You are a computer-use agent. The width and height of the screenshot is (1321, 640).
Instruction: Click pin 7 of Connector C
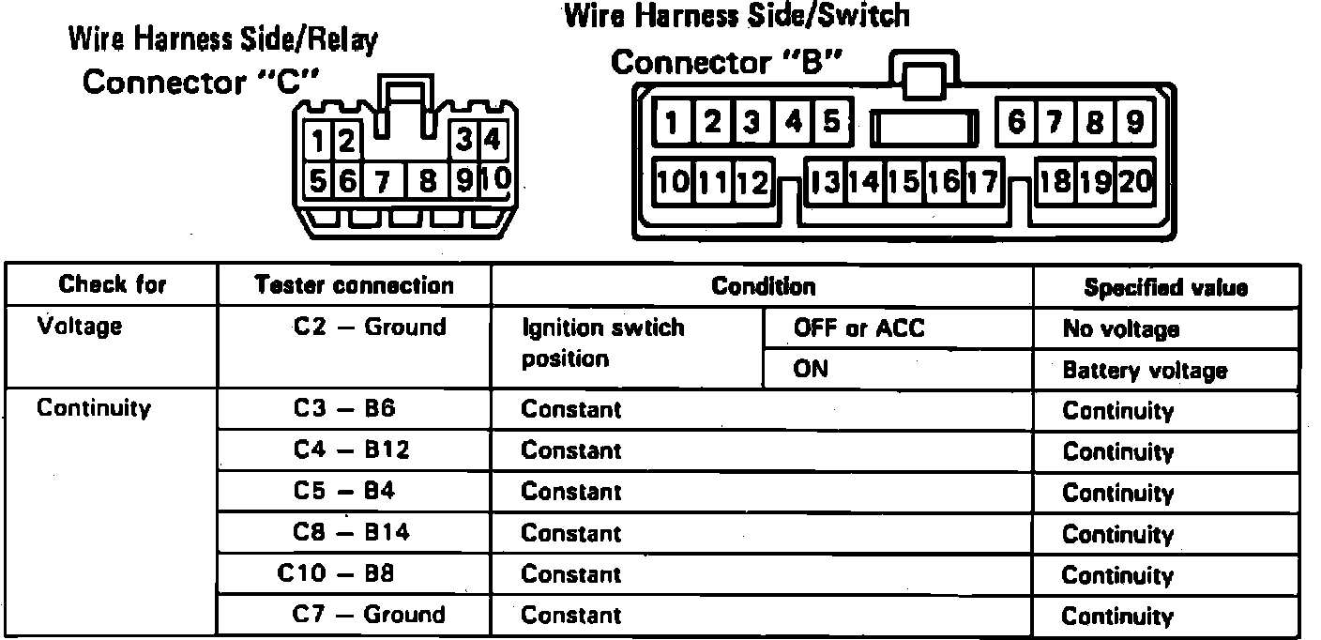382,180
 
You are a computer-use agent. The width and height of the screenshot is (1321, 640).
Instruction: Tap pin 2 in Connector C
345,143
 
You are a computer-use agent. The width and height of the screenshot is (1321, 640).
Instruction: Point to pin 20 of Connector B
1136,180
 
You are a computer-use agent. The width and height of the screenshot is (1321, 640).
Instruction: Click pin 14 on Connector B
863,181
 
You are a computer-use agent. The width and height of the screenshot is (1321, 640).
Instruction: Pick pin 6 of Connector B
1016,123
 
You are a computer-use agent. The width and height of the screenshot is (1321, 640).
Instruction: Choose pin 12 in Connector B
752,181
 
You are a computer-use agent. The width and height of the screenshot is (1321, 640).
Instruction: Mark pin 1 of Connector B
673,123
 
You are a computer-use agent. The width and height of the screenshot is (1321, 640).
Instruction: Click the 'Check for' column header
112,284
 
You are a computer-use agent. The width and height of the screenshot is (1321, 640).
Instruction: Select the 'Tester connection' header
354,285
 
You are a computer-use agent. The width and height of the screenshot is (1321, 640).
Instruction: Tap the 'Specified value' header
1165,287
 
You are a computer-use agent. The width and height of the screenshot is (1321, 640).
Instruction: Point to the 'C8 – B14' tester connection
351,533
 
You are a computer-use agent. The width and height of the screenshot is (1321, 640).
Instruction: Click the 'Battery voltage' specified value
1145,371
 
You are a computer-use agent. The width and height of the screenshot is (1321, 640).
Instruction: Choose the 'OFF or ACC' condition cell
858,328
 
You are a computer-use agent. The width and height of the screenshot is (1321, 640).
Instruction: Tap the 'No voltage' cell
1120,329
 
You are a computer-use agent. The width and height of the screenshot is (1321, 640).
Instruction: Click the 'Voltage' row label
79,327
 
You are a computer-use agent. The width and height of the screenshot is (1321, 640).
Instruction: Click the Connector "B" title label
726,63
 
